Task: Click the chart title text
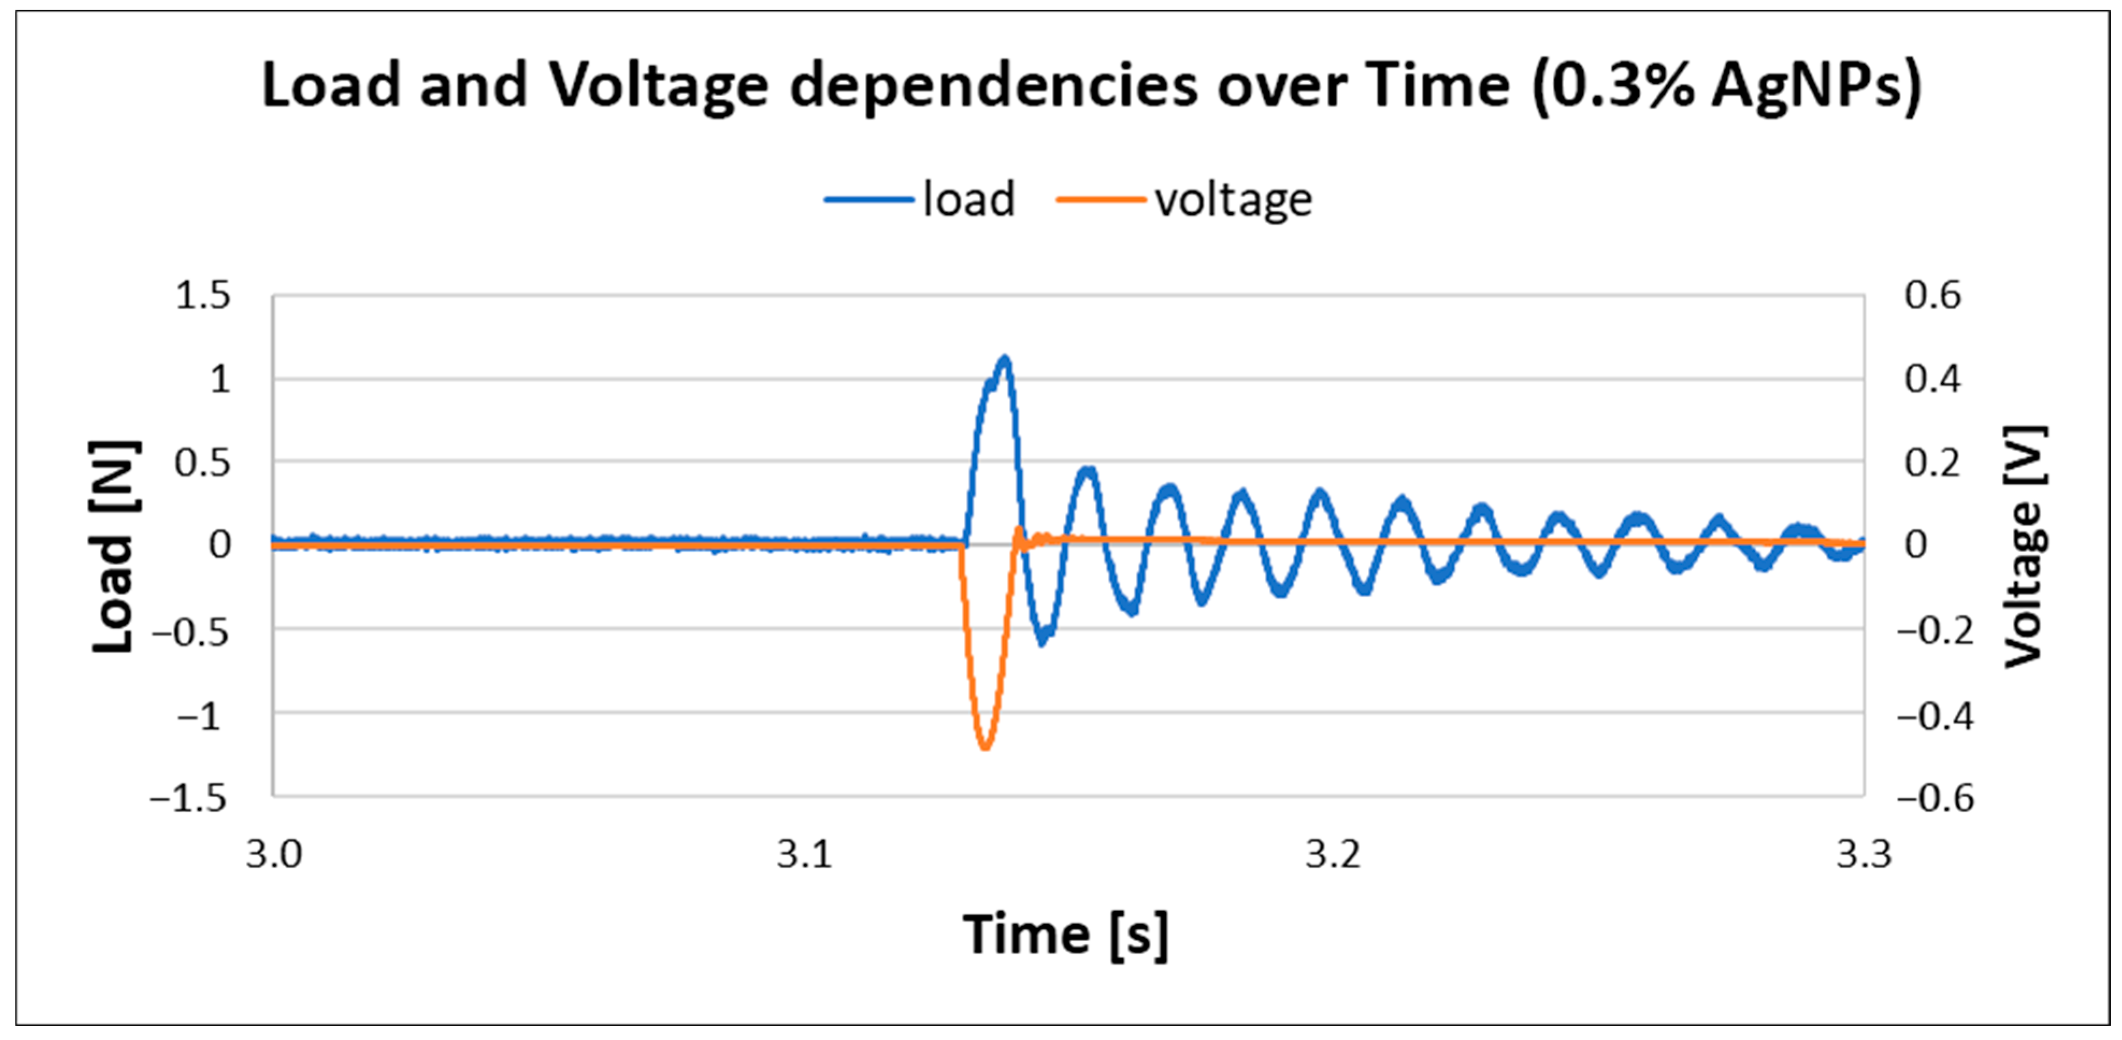[x=1091, y=85]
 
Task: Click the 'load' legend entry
[x=968, y=199]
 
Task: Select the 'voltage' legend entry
[x=1232, y=199]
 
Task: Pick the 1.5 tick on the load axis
[x=203, y=295]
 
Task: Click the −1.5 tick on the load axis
[x=189, y=798]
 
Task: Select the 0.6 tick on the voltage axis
[x=1932, y=295]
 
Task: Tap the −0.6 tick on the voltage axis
[x=1935, y=798]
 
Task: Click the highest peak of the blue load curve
[x=1004, y=360]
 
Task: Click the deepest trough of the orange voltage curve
[x=985, y=747]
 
